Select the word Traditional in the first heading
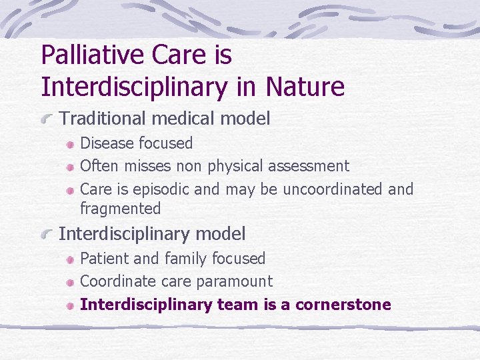103,119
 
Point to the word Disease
106,143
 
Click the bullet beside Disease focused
69,144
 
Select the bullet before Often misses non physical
69,167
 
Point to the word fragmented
120,209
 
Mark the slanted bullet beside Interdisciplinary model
47,235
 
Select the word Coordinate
114,281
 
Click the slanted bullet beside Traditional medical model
47,120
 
